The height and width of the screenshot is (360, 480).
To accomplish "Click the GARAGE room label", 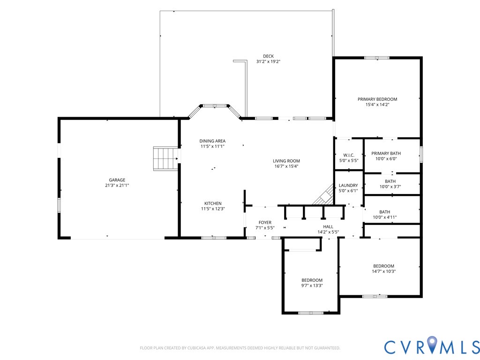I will click(117, 180).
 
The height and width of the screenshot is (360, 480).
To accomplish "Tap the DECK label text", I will click(268, 56).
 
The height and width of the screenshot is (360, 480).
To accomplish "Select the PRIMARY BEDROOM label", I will click(377, 99).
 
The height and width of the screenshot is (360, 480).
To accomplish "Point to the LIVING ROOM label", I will click(286, 161).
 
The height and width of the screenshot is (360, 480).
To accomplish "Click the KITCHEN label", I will click(213, 203).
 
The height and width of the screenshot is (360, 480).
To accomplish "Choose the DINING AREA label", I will click(212, 141).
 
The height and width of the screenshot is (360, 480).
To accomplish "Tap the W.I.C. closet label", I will click(348, 155).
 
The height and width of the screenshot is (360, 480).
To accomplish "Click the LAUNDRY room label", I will click(348, 186).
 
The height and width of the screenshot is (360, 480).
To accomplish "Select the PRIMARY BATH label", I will click(386, 153).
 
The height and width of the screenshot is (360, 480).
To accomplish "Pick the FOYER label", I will click(265, 223).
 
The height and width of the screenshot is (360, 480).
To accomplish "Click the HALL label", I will click(328, 226).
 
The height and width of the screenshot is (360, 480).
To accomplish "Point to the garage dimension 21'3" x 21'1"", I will click(117, 186).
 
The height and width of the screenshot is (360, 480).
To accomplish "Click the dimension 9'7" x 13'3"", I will click(312, 285).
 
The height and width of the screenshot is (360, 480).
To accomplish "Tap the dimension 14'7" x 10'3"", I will click(383, 271).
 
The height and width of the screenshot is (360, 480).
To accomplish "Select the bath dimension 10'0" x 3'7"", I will click(390, 187).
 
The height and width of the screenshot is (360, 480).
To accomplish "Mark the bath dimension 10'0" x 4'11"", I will click(384, 217).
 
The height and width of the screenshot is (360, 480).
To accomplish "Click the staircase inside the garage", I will click(165, 158).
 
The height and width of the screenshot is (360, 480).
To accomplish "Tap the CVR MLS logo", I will click(432, 346).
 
